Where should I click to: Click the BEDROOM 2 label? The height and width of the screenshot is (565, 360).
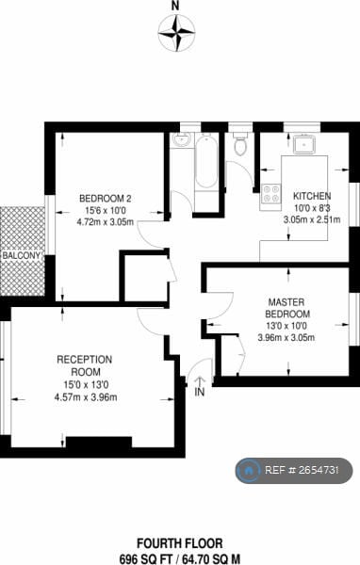pyautogui.click(x=105, y=197)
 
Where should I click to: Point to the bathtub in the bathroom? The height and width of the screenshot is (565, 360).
pyautogui.click(x=206, y=170)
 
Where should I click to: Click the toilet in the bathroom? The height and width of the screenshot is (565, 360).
pyautogui.click(x=240, y=144)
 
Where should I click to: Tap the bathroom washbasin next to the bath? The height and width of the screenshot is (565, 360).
pyautogui.click(x=182, y=142)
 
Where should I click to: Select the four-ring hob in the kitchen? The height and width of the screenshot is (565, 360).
pyautogui.click(x=271, y=193)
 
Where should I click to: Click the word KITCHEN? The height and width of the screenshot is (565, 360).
pyautogui.click(x=312, y=196)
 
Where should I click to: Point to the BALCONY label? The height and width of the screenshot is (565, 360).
pyautogui.click(x=21, y=255)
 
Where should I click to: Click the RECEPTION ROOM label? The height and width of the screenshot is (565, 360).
pyautogui.click(x=85, y=364)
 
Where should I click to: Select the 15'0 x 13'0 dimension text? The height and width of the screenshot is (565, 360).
pyautogui.click(x=85, y=383)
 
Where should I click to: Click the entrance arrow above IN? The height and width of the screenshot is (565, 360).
pyautogui.click(x=199, y=379)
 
